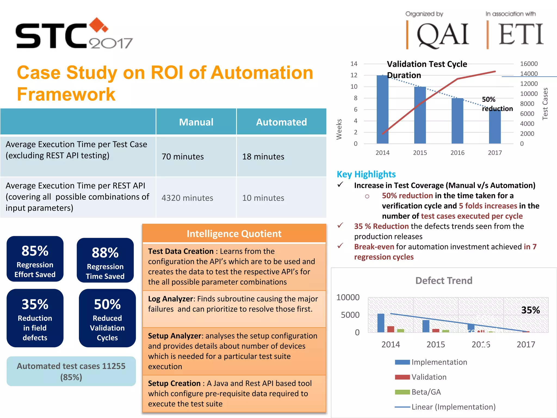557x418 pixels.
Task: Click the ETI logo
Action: click(x=520, y=34)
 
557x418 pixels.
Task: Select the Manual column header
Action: click(x=196, y=122)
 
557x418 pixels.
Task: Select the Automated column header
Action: click(x=281, y=122)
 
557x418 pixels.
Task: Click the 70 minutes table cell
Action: click(x=182, y=156)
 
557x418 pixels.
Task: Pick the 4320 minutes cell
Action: click(x=187, y=198)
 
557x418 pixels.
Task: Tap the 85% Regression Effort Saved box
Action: click(x=35, y=259)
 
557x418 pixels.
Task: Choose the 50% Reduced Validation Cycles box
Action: click(x=107, y=318)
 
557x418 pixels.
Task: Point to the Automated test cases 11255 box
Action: click(x=71, y=371)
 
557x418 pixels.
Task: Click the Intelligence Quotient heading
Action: click(x=234, y=233)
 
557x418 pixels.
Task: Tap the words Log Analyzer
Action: click(x=170, y=299)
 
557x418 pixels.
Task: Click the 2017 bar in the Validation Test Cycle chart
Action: click(x=495, y=127)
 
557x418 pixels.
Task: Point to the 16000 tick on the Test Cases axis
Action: click(x=529, y=64)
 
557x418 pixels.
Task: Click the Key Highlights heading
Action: click(x=366, y=174)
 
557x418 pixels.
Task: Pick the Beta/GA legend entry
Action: click(x=426, y=392)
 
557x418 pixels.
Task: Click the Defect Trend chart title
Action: click(x=444, y=281)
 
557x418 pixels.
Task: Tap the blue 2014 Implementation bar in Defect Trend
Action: click(x=381, y=323)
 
